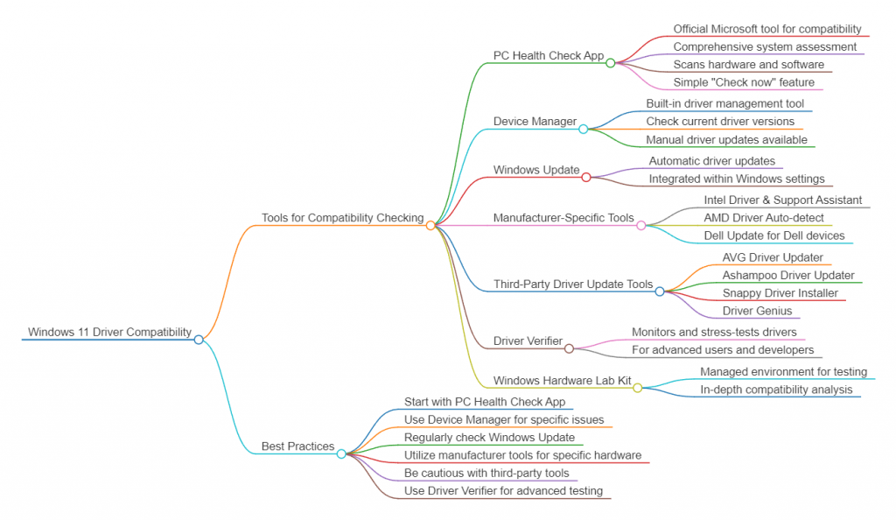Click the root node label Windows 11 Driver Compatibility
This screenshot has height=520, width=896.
point(109,332)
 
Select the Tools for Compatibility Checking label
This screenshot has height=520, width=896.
point(342,218)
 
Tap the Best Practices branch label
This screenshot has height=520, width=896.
point(297,446)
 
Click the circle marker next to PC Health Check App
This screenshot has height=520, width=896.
point(611,62)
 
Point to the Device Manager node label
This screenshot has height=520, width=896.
point(535,122)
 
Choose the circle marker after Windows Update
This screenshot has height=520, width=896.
point(586,177)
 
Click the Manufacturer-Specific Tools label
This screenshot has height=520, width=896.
point(563,218)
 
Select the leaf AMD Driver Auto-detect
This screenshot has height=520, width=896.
point(764,218)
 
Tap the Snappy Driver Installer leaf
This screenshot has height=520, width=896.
point(780,293)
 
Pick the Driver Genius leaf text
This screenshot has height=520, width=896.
point(757,311)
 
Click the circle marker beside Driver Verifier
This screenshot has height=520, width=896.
point(569,348)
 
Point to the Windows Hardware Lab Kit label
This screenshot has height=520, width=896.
point(562,381)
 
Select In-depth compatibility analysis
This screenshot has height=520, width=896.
point(776,390)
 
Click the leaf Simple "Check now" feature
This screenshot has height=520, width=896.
point(744,82)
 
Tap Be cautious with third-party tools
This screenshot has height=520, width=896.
point(486,473)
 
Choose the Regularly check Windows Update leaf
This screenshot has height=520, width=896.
point(489,437)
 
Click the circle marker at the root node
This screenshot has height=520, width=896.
point(199,340)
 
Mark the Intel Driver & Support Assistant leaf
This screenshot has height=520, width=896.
point(783,200)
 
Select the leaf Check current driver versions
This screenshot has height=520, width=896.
point(720,122)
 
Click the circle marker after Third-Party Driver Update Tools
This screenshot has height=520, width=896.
point(660,292)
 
